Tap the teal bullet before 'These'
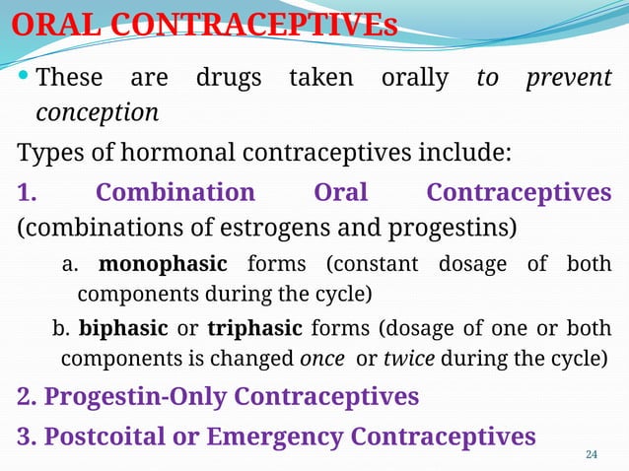click(23, 77)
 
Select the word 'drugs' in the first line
click(229, 77)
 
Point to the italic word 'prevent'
click(568, 78)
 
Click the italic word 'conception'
click(97, 113)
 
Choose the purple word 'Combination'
click(175, 191)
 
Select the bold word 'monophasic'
click(163, 264)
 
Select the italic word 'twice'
click(408, 357)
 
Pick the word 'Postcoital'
click(105, 436)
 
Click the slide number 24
click(592, 454)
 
